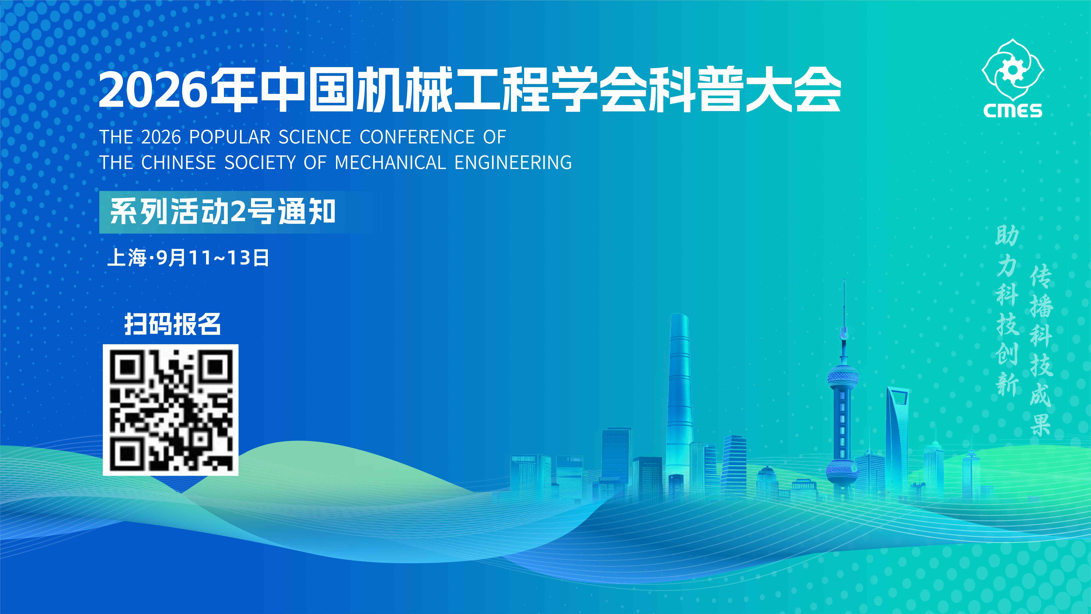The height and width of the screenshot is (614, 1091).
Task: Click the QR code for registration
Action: pyautogui.click(x=171, y=410)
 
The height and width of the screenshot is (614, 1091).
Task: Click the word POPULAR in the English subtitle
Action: pyautogui.click(x=230, y=137)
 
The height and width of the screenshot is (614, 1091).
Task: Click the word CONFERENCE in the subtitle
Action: pyautogui.click(x=417, y=137)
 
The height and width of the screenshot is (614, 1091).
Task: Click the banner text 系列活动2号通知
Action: pyautogui.click(x=223, y=212)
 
